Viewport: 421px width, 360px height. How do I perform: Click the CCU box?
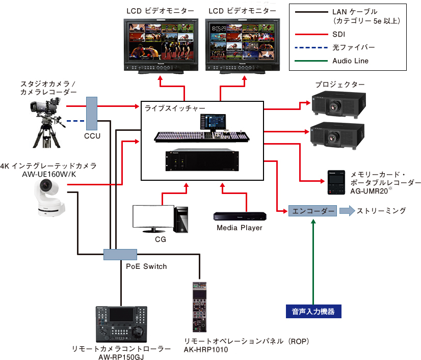[92, 113]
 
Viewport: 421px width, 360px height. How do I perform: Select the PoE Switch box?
[120, 254]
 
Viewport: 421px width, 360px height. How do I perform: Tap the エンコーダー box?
[312, 211]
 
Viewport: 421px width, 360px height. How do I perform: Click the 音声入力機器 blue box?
[313, 311]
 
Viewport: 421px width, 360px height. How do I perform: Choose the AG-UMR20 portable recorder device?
[335, 182]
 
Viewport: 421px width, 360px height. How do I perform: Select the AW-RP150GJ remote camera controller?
[121, 324]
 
